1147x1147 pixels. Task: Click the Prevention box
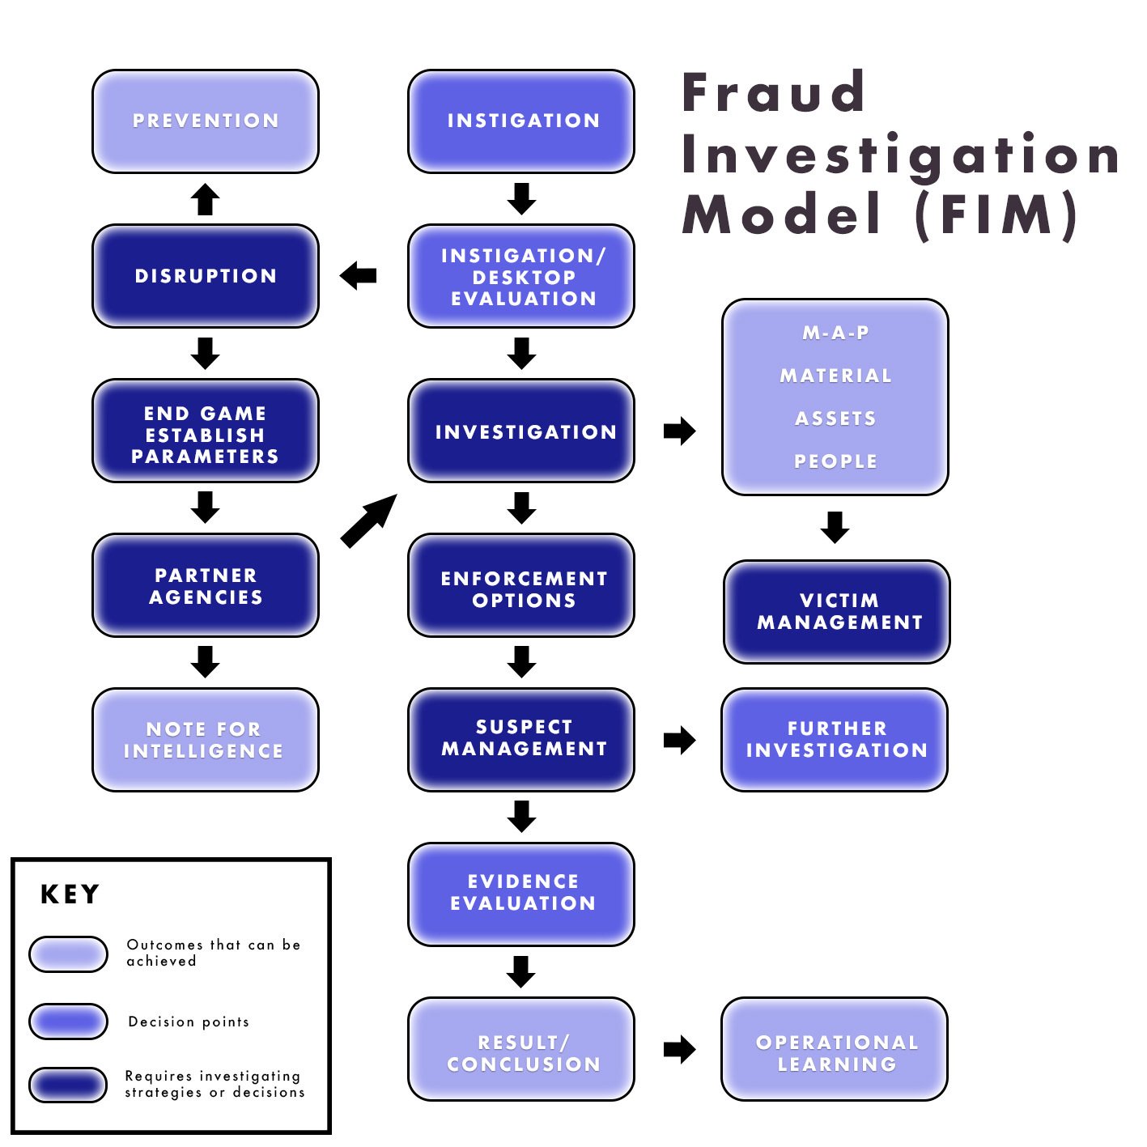(x=206, y=121)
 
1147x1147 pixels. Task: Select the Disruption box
(x=206, y=276)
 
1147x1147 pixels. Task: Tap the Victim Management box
(x=837, y=611)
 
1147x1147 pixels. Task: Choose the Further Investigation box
(x=835, y=739)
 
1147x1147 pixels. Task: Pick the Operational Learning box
(x=835, y=1049)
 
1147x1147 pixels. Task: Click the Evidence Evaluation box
(x=521, y=894)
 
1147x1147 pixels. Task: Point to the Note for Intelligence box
(x=206, y=739)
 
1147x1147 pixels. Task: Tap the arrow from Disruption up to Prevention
(x=206, y=199)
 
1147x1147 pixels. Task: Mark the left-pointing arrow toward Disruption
(x=359, y=276)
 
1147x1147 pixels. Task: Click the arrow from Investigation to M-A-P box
(x=679, y=431)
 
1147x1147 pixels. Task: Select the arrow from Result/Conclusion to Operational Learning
(x=679, y=1049)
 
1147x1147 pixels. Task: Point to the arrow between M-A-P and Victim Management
(x=835, y=527)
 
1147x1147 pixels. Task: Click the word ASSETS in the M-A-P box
(x=835, y=418)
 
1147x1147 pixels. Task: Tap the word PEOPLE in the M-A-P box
(x=835, y=461)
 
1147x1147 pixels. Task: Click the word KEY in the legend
(x=70, y=894)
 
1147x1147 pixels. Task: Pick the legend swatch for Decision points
(x=69, y=1021)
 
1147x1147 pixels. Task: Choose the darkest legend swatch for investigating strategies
(x=69, y=1085)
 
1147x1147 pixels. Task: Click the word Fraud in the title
(x=774, y=92)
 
